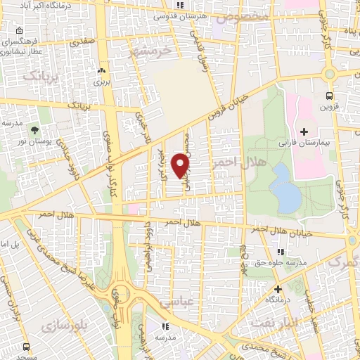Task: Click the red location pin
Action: (x=181, y=165)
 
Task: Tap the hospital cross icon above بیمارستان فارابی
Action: (x=304, y=131)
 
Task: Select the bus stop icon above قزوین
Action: (x=328, y=96)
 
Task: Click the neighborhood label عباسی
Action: (x=176, y=302)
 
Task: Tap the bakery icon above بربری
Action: (x=103, y=71)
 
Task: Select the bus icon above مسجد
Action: (x=26, y=347)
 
